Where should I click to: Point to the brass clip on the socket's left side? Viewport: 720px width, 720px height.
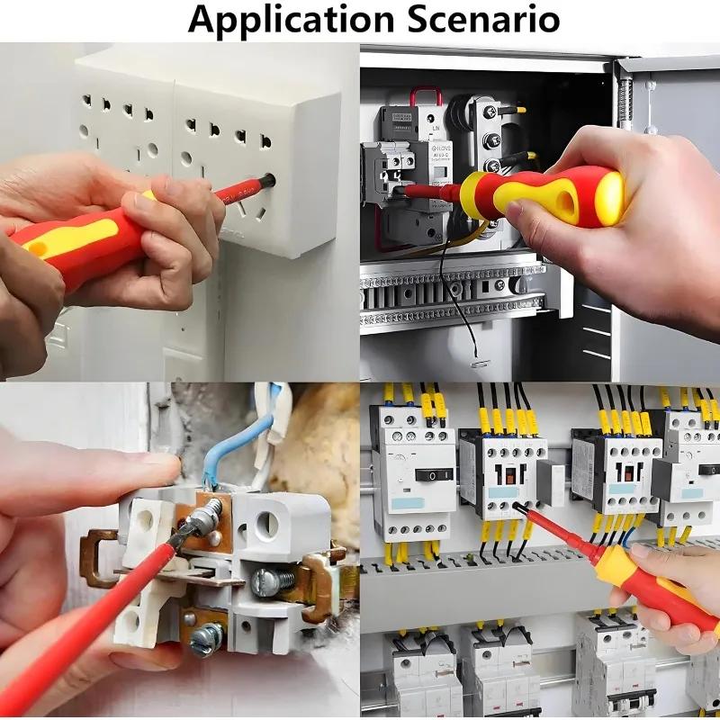click(97, 558)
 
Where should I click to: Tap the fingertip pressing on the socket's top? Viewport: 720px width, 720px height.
click(167, 468)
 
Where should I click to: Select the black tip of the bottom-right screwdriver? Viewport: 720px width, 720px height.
click(520, 509)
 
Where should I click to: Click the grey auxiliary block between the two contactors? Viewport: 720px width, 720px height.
click(551, 477)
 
